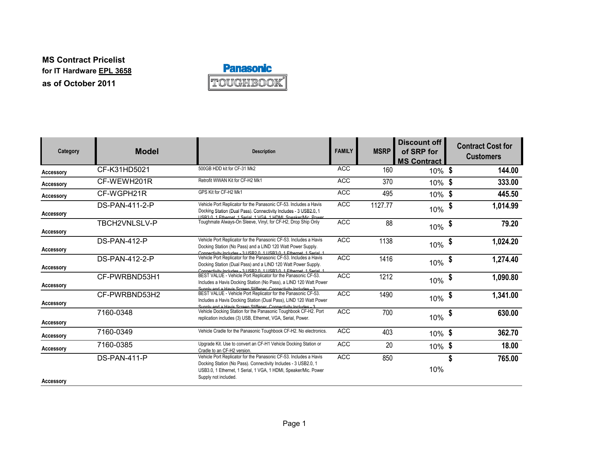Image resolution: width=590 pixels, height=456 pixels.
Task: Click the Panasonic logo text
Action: click(x=247, y=68)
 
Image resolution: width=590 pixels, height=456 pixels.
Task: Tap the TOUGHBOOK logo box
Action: click(x=247, y=83)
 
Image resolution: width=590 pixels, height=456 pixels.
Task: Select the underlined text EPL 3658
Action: click(x=115, y=71)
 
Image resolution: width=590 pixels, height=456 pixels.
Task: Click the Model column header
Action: click(x=147, y=151)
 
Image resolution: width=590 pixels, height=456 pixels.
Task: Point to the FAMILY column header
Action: click(x=344, y=151)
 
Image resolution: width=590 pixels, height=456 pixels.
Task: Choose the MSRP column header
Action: click(x=382, y=151)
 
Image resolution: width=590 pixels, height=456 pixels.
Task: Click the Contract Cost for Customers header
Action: click(x=484, y=151)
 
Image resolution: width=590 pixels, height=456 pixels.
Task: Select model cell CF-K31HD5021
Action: click(x=123, y=170)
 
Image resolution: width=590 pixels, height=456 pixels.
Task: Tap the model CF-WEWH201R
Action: click(x=125, y=181)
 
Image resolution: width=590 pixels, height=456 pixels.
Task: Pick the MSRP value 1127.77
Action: click(x=381, y=205)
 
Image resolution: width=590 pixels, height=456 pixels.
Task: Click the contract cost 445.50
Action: click(x=508, y=194)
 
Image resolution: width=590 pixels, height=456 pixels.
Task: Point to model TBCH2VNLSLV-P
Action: click(x=127, y=223)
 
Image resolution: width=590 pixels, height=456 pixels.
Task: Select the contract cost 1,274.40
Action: click(x=505, y=260)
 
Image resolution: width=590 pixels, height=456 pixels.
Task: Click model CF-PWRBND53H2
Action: click(x=129, y=295)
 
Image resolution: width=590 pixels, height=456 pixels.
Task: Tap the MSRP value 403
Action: click(x=387, y=332)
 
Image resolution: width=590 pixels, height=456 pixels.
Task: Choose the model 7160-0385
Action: click(x=115, y=345)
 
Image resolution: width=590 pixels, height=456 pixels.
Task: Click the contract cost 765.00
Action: click(x=508, y=358)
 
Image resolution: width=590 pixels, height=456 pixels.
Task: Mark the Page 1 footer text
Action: click(x=294, y=423)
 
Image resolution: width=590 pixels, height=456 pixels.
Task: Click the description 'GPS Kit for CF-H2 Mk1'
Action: click(x=220, y=192)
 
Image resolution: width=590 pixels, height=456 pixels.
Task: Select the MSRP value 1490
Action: click(x=386, y=295)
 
